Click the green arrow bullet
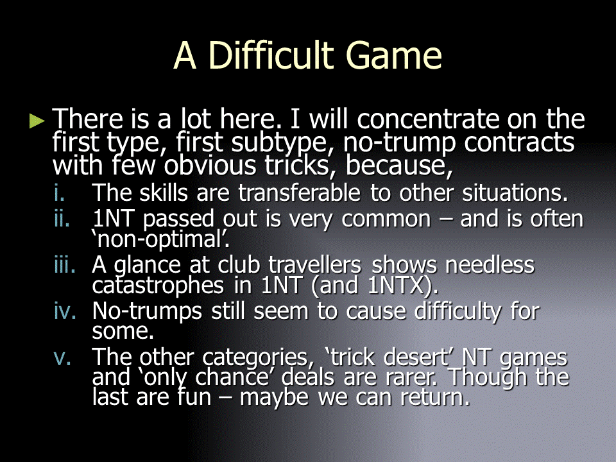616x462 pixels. [37, 121]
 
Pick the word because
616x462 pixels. [399, 166]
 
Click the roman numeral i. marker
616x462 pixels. [59, 193]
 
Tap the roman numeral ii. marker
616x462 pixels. [62, 218]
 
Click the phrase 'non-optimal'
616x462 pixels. [160, 239]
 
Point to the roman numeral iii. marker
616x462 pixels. [65, 264]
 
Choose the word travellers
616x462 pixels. [314, 264]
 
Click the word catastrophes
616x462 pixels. [158, 286]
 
